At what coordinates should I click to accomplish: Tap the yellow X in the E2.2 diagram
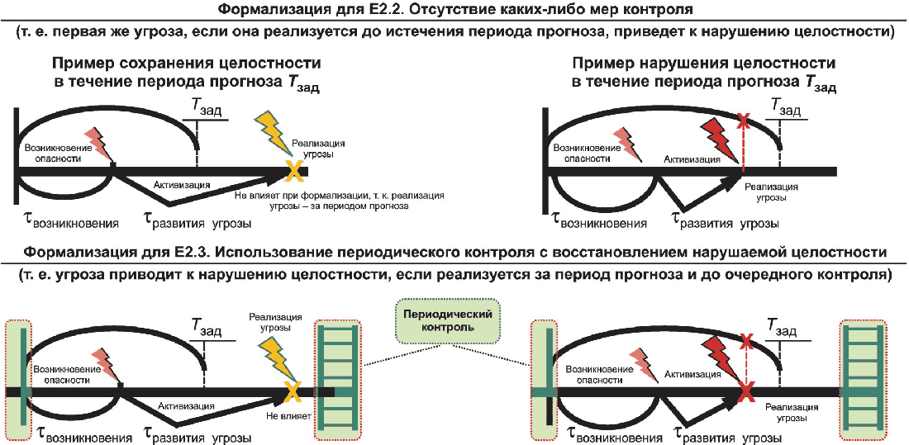pyautogui.click(x=293, y=171)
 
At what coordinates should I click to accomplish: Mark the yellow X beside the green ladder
pyautogui.click(x=293, y=393)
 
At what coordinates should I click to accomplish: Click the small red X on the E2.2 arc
pyautogui.click(x=742, y=121)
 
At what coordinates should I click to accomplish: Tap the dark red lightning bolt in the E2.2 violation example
pyautogui.click(x=720, y=137)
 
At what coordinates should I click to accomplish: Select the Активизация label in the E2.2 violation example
pyautogui.click(x=693, y=158)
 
